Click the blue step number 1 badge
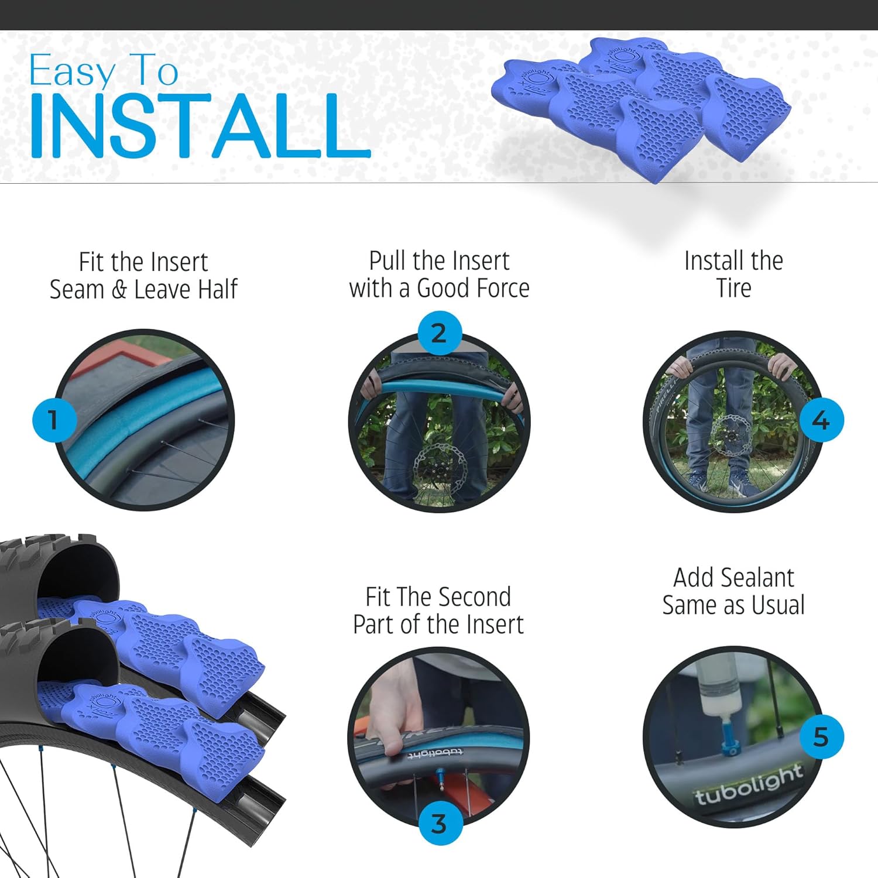tap(53, 420)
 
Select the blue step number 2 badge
tap(439, 333)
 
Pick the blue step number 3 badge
tap(439, 824)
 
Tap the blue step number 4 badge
tap(821, 420)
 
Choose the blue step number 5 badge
tap(821, 737)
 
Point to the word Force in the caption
tap(502, 288)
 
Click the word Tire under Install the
tap(733, 288)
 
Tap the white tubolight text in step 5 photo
tap(748, 784)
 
